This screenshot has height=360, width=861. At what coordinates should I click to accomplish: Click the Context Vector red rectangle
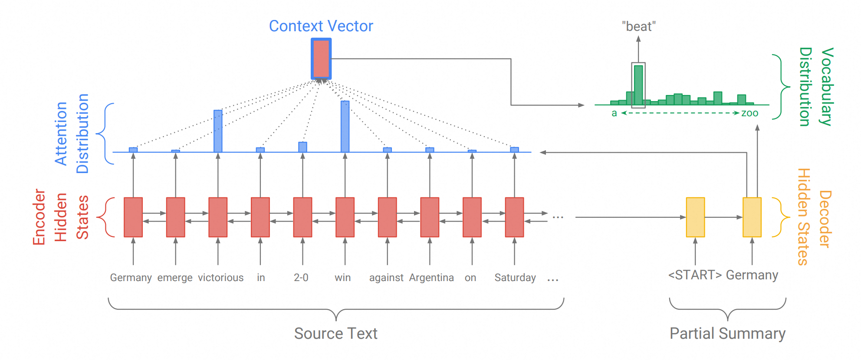coord(321,59)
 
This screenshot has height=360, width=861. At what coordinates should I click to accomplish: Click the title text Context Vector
coord(321,26)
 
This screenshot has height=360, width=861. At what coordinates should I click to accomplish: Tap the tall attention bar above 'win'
coord(345,127)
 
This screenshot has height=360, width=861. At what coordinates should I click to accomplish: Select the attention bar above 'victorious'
coord(218,131)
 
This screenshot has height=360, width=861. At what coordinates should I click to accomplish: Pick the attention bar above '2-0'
coord(302,147)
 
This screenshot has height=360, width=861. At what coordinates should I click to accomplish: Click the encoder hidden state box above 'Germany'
coord(133,217)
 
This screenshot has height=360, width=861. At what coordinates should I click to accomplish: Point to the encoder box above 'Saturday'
coord(514,217)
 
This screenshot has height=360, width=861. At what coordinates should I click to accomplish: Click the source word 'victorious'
coord(221,278)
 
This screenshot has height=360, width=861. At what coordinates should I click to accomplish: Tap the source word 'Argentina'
coord(431,278)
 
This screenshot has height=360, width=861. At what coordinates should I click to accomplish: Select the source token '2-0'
coord(301,278)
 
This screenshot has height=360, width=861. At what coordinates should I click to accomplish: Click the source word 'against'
coord(386,278)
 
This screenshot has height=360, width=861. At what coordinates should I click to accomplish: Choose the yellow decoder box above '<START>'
coord(695,217)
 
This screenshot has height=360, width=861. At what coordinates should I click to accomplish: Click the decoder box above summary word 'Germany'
coord(752,217)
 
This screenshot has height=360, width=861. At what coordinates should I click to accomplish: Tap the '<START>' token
coord(695,275)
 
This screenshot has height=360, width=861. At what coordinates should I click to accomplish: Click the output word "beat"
coord(639,26)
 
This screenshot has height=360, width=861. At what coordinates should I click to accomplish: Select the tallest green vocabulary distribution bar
coord(638,85)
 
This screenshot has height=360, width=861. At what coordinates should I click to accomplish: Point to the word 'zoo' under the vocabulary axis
coord(750,113)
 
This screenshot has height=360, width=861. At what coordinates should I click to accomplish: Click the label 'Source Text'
coord(336,334)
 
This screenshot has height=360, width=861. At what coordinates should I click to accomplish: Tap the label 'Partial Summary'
coord(728,334)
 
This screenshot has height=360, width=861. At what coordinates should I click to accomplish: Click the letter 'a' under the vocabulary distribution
coord(614,114)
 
